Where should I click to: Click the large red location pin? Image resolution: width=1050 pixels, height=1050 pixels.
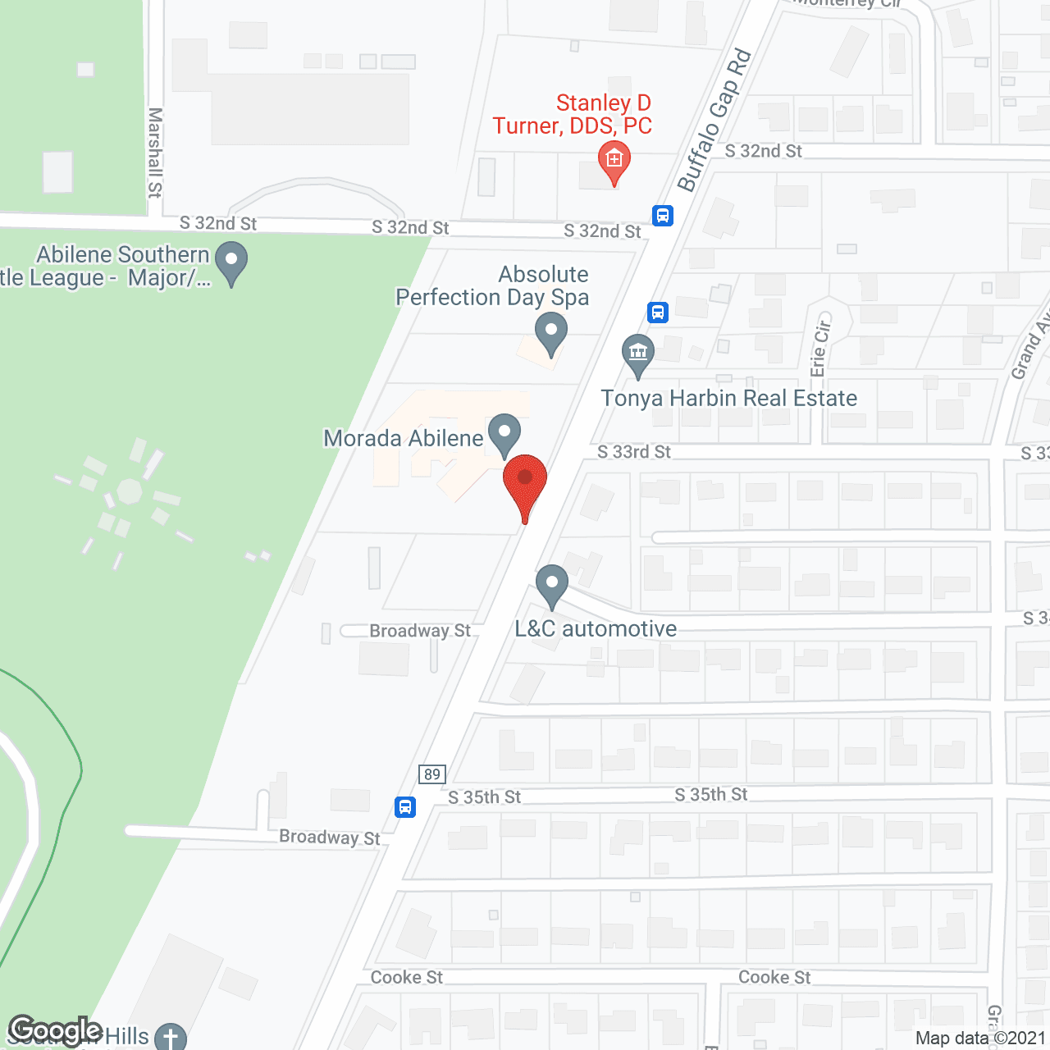click(x=525, y=481)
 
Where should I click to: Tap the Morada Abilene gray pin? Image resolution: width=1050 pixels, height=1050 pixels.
click(x=504, y=432)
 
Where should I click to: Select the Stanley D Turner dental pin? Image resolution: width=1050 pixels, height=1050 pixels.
click(x=614, y=160)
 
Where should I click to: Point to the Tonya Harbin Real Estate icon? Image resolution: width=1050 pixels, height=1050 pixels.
click(x=638, y=354)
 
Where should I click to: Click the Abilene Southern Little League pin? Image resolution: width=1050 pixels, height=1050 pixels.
click(x=231, y=262)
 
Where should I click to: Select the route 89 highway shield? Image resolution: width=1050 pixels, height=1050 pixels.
click(x=431, y=774)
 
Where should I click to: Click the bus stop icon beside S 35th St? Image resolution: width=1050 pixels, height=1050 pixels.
click(x=405, y=806)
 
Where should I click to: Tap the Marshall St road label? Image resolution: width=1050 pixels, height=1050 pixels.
click(x=155, y=153)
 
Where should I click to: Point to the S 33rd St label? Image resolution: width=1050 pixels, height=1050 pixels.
click(x=634, y=452)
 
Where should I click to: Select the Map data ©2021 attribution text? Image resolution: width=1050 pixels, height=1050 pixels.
click(x=981, y=1039)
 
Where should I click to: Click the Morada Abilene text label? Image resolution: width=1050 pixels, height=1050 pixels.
click(x=404, y=438)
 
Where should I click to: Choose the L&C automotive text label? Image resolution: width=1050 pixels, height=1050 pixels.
click(x=596, y=629)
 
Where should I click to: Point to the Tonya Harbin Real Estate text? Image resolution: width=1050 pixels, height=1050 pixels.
click(x=729, y=399)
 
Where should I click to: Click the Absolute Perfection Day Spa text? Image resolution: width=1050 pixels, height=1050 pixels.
click(x=492, y=285)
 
